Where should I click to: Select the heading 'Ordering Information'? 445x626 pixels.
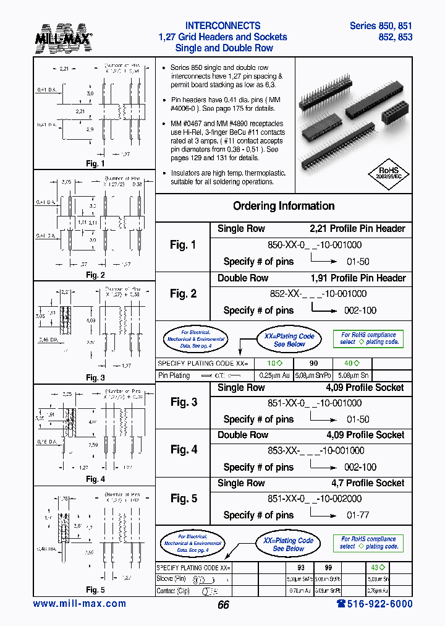coord(284,206)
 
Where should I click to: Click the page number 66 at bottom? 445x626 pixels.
coord(223,604)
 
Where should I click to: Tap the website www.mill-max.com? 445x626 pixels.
coord(79,604)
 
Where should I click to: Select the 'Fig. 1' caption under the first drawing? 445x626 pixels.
coord(95,164)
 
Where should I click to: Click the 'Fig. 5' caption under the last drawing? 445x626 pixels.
coord(95,590)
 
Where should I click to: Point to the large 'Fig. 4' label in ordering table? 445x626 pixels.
coord(184,450)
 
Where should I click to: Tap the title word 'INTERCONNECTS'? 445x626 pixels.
coord(223,26)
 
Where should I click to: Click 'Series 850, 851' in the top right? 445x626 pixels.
coord(381,26)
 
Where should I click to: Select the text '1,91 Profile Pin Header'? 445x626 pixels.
coord(358,278)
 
